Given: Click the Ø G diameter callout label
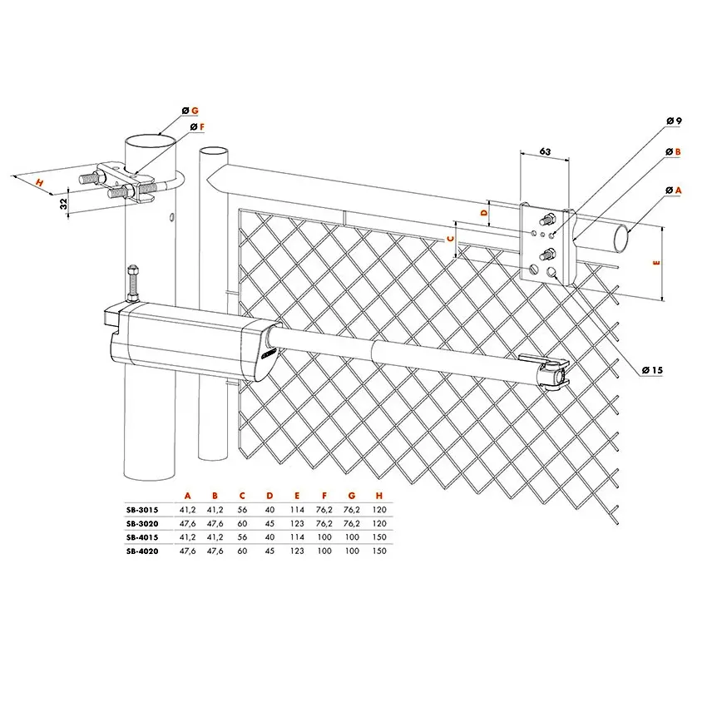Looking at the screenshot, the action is click(x=190, y=111).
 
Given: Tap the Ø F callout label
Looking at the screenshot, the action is click(x=197, y=127).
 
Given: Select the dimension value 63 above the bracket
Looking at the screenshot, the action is click(x=545, y=151).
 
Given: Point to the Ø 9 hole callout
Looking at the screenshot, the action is click(x=674, y=121).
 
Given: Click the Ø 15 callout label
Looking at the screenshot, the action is click(x=652, y=370).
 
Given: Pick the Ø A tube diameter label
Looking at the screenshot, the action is click(x=674, y=190).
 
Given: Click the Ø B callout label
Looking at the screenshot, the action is click(x=673, y=152).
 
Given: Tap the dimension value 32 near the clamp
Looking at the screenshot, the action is click(x=63, y=205).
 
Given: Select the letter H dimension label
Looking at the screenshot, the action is click(x=40, y=183).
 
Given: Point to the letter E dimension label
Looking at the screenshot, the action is click(x=656, y=262).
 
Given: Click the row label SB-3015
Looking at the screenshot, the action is click(x=142, y=510).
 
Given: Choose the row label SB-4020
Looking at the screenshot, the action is click(x=142, y=551).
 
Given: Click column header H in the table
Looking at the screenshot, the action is click(x=379, y=496).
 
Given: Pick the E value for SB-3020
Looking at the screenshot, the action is click(x=297, y=523).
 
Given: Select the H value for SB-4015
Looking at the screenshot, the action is click(x=379, y=537).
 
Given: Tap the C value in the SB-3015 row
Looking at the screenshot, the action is click(x=242, y=510).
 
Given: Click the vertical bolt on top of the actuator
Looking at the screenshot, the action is click(x=132, y=284).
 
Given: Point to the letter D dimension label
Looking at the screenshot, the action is click(x=485, y=212).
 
